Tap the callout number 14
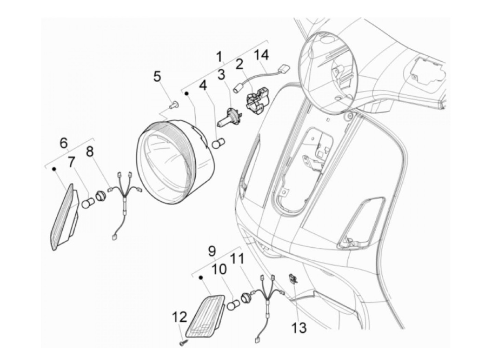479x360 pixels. (261, 55)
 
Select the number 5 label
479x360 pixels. (157, 76)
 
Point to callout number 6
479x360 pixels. (64, 143)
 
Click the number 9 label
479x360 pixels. (212, 251)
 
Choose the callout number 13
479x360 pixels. (299, 327)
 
